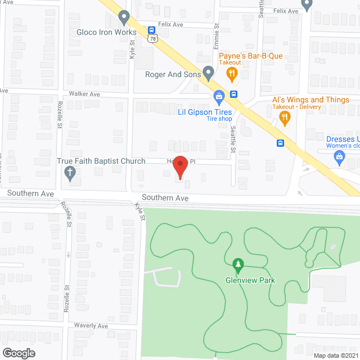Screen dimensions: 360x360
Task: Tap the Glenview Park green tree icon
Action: [x=237, y=263]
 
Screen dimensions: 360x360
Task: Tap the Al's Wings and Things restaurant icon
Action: [x=285, y=118]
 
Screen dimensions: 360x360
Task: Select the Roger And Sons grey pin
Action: [x=208, y=72]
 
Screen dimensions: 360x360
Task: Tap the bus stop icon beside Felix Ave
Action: [x=152, y=29]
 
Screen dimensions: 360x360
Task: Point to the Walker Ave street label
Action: [x=84, y=94]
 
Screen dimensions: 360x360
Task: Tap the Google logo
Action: [x=18, y=353]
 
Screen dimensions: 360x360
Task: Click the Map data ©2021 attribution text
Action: [x=336, y=355]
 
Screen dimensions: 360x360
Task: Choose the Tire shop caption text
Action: [x=218, y=119]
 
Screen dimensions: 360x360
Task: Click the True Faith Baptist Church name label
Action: [x=101, y=161]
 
